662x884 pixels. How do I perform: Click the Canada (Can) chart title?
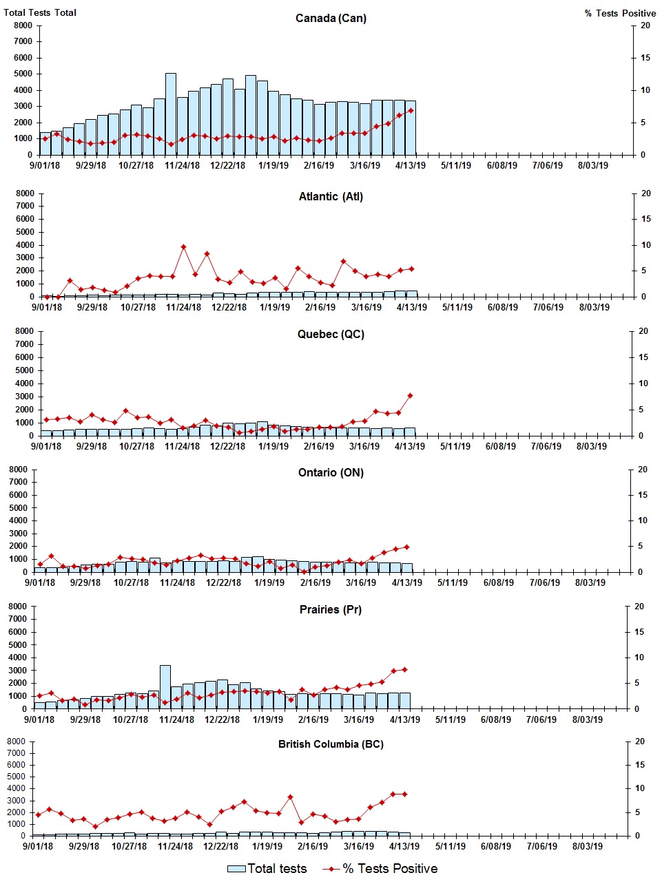[x=331, y=18]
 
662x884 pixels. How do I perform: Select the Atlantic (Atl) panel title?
[x=331, y=197]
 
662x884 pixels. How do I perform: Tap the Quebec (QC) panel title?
[x=331, y=335]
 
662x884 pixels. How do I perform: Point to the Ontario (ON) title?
[x=331, y=473]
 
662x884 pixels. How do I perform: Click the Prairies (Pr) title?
[x=331, y=610]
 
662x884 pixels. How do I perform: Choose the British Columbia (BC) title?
[x=331, y=744]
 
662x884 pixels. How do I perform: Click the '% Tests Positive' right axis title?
[x=620, y=13]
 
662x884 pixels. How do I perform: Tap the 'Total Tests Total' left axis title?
[x=40, y=12]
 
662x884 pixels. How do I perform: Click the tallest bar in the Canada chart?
[x=171, y=114]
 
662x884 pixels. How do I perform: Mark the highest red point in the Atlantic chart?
[x=183, y=246]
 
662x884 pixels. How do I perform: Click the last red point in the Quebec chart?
[x=410, y=395]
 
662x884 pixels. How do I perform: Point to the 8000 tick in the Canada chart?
[x=23, y=25]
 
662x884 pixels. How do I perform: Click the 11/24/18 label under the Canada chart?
[x=183, y=166]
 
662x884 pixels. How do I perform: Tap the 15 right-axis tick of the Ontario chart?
[x=643, y=495]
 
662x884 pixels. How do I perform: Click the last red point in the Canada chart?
[x=411, y=110]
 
